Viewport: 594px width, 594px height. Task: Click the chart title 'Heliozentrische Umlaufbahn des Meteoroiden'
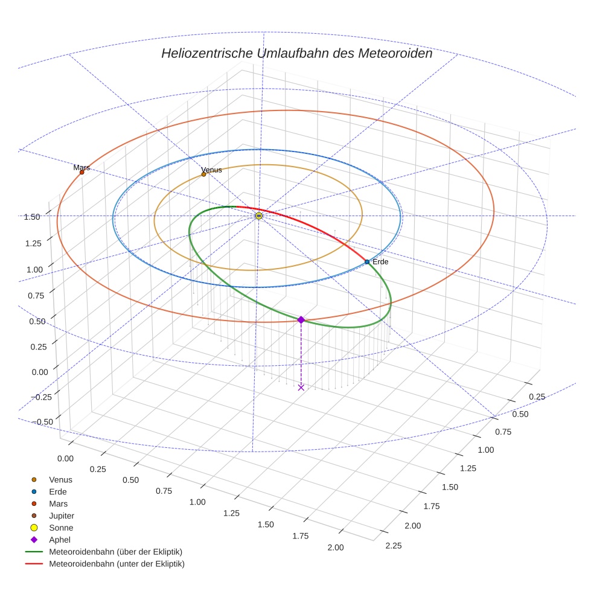point(296,53)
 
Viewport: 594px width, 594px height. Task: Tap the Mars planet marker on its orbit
point(81,172)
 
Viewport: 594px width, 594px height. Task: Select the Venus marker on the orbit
point(203,174)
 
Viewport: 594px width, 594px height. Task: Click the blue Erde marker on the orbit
point(367,261)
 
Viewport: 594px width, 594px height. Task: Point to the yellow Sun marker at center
point(259,216)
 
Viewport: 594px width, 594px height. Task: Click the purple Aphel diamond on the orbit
point(301,319)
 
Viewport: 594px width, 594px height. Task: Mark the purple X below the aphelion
point(301,387)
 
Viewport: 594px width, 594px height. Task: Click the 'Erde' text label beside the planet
point(380,262)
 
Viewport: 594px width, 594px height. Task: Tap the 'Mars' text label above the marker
point(81,167)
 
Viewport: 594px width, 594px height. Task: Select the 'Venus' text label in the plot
point(212,170)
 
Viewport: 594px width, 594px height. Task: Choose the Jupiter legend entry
point(61,516)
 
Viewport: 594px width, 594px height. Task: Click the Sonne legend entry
point(61,528)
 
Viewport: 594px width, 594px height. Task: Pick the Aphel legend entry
point(60,540)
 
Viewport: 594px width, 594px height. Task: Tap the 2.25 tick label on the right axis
point(392,546)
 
